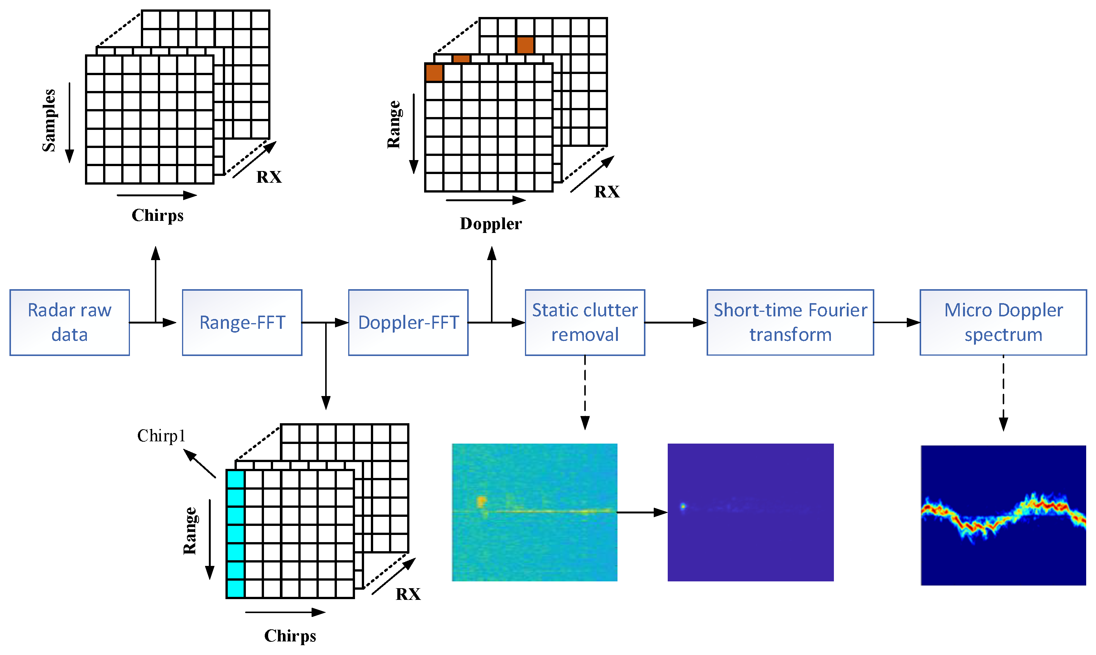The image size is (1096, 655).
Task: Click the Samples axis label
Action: [x=49, y=120]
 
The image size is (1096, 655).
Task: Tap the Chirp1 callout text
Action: [x=161, y=436]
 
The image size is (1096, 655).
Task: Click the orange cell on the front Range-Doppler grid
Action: [x=434, y=73]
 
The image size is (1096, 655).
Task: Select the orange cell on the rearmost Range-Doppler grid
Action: [x=525, y=45]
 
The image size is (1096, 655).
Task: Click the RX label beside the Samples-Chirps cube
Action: [x=269, y=177]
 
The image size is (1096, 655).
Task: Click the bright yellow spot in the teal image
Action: [x=481, y=501]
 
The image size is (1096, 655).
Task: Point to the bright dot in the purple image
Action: [x=683, y=506]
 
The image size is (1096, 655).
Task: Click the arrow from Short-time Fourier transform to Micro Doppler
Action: [x=896, y=323]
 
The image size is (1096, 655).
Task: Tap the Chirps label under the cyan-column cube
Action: [x=290, y=636]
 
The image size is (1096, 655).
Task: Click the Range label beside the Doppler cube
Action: [x=394, y=125]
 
